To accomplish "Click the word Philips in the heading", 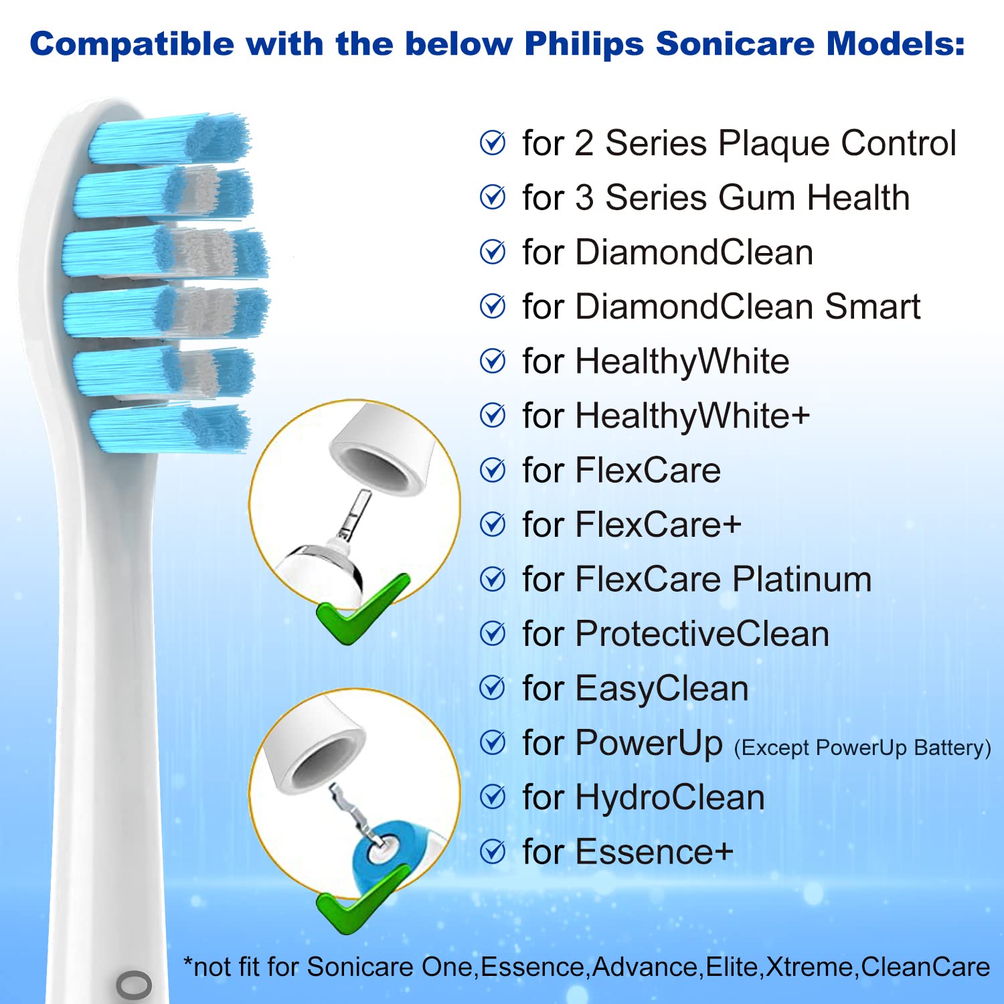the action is click(x=584, y=45).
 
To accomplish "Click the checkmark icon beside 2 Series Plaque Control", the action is click(x=493, y=143).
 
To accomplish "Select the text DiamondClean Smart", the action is click(x=748, y=307).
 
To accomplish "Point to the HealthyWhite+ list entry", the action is click(x=666, y=416).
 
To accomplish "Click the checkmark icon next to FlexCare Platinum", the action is click(x=493, y=579).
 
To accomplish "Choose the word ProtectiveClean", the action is click(x=702, y=634).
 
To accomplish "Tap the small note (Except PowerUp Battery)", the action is click(x=862, y=748).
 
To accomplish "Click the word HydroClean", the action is click(x=670, y=799).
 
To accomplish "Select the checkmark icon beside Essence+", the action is click(x=493, y=851).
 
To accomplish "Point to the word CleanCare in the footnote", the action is click(x=925, y=967).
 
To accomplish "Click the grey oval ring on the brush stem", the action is click(x=134, y=985).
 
